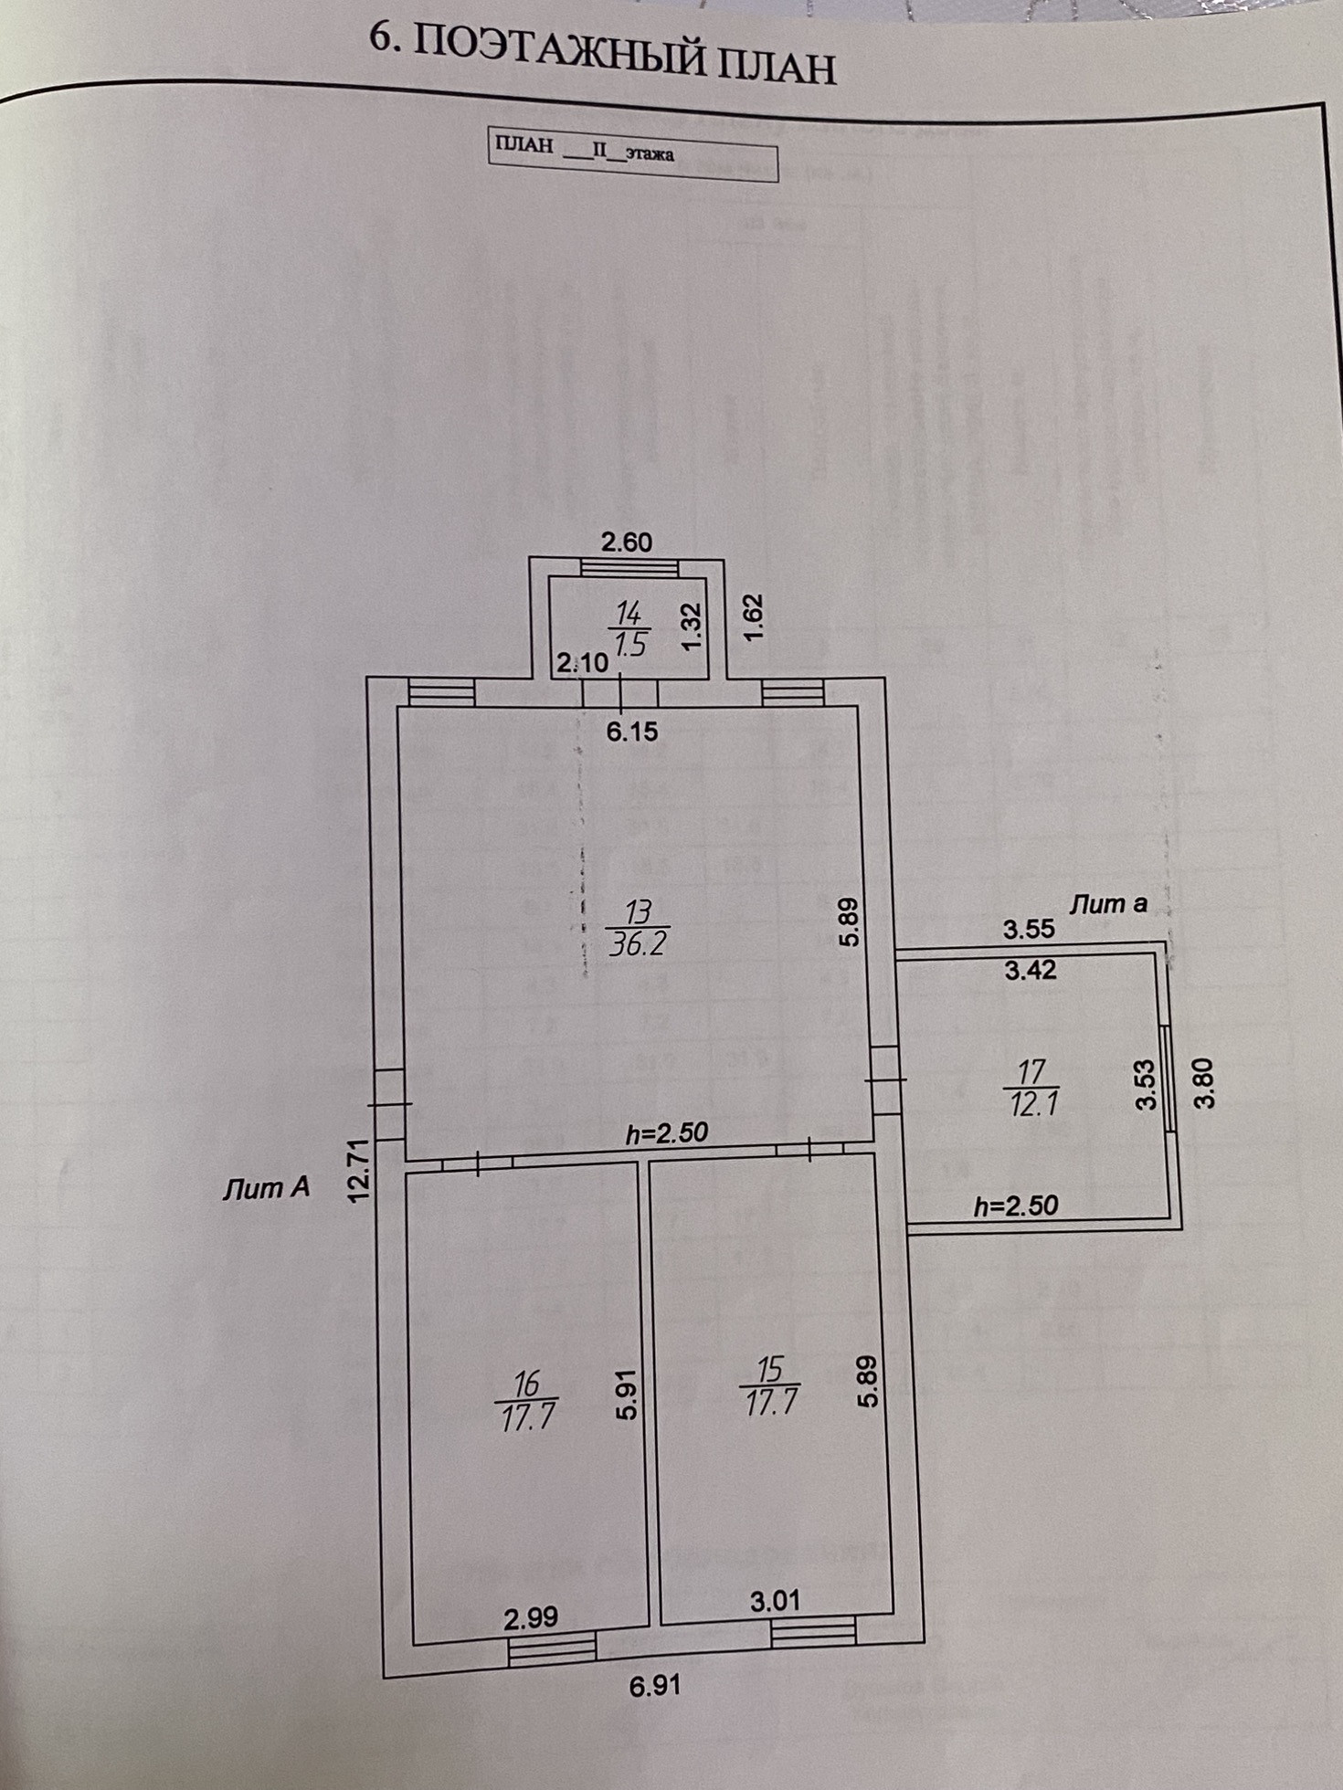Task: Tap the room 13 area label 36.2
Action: click(x=638, y=942)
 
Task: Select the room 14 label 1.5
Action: click(x=630, y=645)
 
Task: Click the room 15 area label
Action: click(x=772, y=1400)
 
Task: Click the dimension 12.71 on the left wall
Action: click(x=362, y=1169)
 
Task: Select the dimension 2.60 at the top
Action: click(x=627, y=542)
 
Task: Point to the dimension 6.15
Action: click(x=632, y=732)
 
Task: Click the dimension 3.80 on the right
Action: click(x=1206, y=1082)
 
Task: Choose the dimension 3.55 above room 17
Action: click(x=1029, y=930)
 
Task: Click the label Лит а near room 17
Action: click(x=1108, y=904)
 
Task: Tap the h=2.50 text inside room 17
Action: click(x=1015, y=1206)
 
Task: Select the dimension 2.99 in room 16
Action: click(x=531, y=1617)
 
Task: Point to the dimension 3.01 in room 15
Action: click(x=775, y=1600)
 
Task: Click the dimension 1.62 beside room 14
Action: click(x=753, y=617)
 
